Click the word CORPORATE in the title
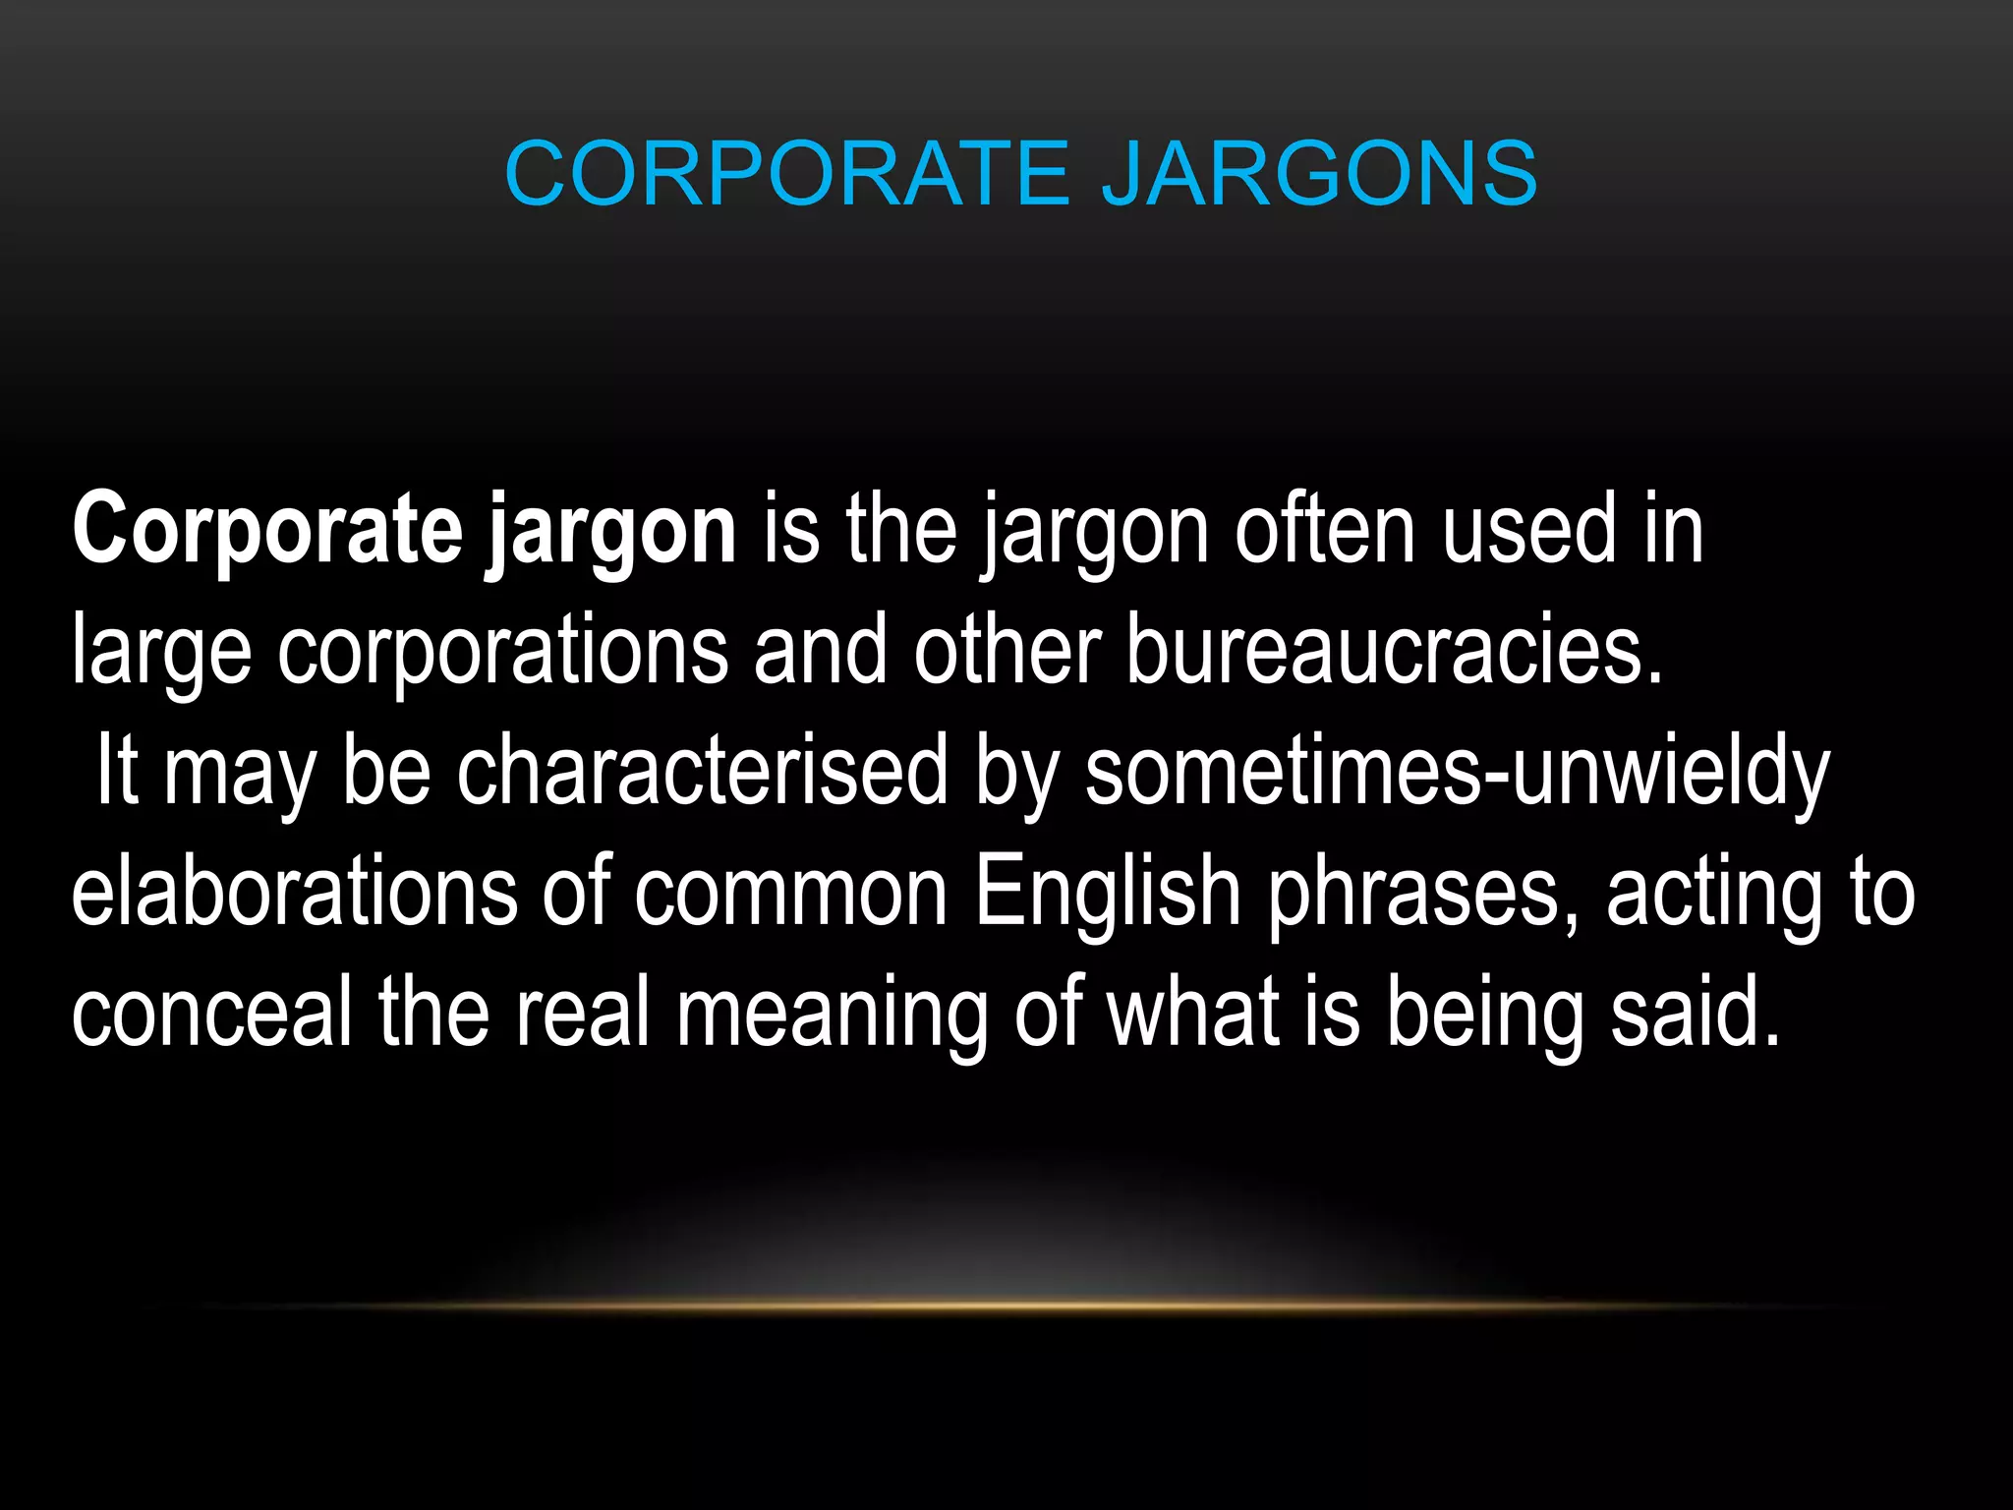786,174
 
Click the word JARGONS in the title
1319,174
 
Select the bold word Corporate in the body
266,532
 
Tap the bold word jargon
610,532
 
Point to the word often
1325,532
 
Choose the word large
161,652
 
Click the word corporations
502,652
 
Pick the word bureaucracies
1394,652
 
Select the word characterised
703,773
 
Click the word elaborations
294,893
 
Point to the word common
790,893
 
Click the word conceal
211,1014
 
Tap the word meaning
832,1014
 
